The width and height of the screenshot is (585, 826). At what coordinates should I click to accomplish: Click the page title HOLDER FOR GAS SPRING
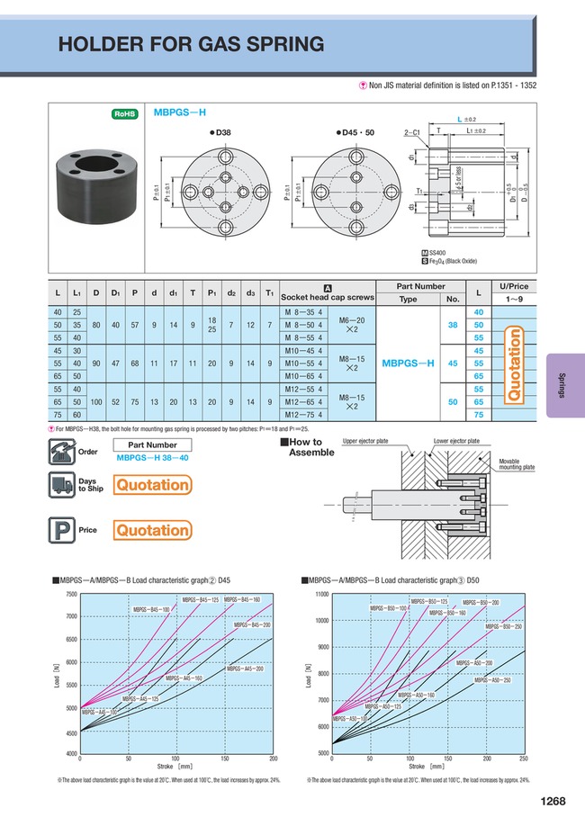tap(191, 44)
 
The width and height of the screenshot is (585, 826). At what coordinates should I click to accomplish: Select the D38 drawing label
tap(220, 132)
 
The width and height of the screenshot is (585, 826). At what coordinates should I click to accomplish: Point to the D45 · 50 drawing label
tap(354, 132)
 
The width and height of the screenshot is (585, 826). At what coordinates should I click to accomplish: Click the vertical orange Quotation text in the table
tap(516, 363)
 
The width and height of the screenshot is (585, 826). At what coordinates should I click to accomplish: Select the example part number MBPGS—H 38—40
tap(151, 458)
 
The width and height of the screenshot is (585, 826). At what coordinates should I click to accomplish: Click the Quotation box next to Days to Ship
tap(152, 485)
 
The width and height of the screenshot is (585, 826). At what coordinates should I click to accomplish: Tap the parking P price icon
tap(59, 530)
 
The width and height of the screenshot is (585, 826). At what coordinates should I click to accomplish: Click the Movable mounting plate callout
tap(516, 464)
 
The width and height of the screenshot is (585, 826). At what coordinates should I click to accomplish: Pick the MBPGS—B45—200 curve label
tap(252, 624)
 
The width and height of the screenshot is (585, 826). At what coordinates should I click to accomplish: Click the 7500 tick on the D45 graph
tap(46, 595)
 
